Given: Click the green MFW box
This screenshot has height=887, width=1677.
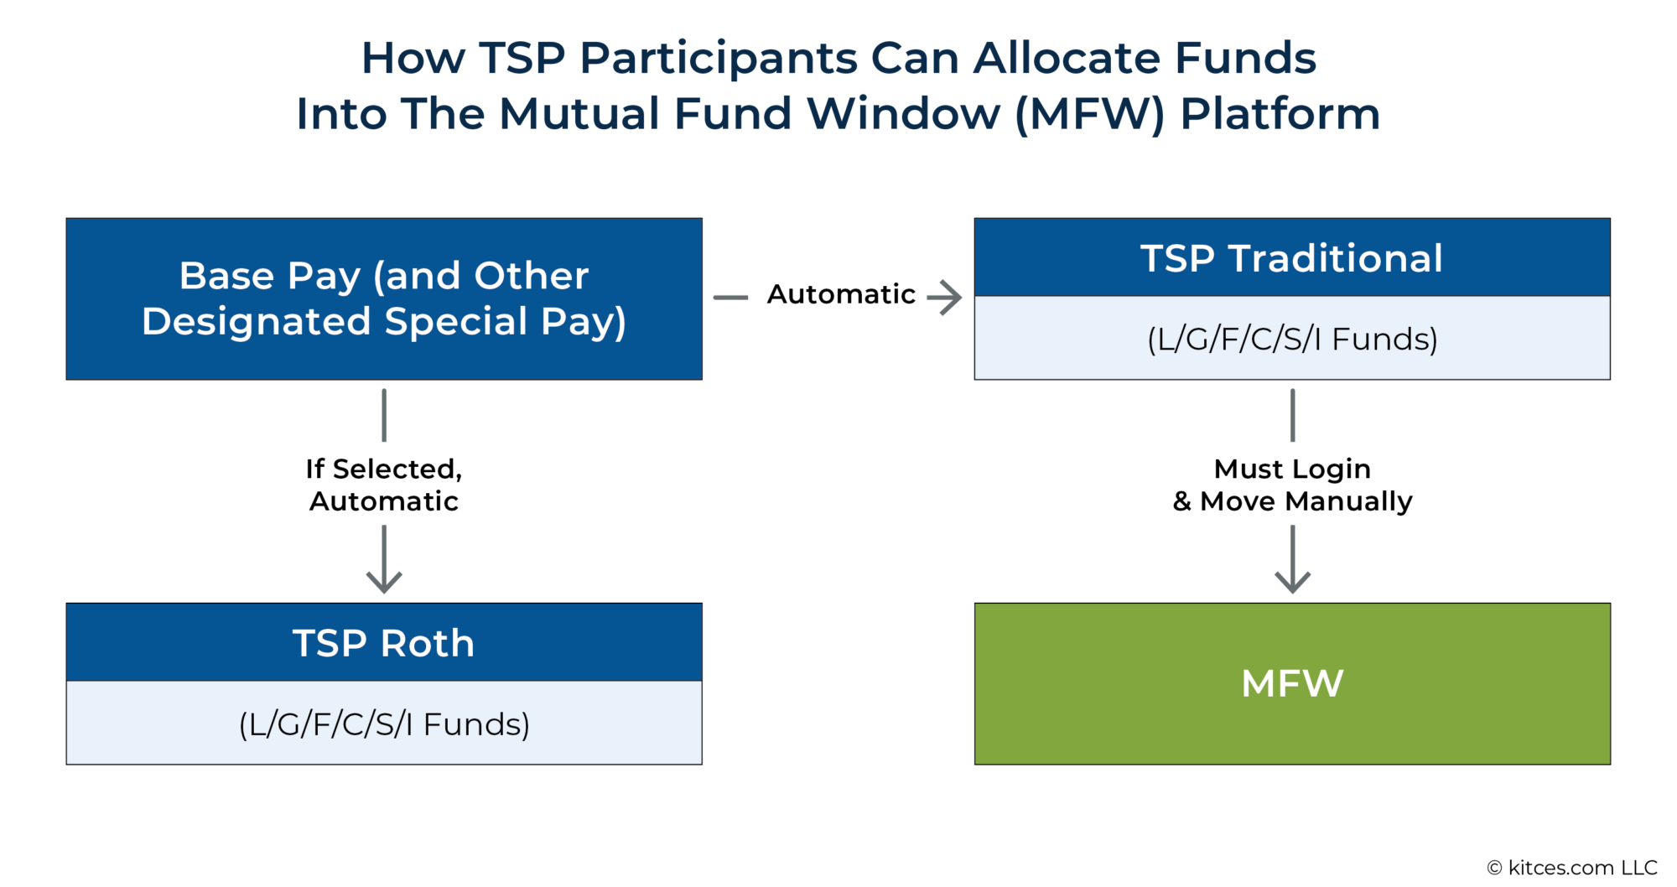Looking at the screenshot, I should pyautogui.click(x=1291, y=683).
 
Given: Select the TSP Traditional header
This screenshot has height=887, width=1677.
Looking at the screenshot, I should pyautogui.click(x=1291, y=257).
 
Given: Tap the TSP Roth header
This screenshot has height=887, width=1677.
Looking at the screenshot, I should pyautogui.click(x=384, y=643).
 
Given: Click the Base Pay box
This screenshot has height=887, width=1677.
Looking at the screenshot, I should pyautogui.click(x=384, y=298).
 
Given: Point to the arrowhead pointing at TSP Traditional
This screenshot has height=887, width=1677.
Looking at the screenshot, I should pyautogui.click(x=949, y=297).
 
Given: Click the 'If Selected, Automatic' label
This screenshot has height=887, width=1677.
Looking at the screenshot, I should pyautogui.click(x=384, y=485).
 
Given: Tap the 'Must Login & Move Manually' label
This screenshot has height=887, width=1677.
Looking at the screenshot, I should pyautogui.click(x=1292, y=485).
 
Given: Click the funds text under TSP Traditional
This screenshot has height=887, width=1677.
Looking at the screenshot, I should pyautogui.click(x=1291, y=339).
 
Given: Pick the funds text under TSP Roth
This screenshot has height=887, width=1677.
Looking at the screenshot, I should pyautogui.click(x=384, y=724).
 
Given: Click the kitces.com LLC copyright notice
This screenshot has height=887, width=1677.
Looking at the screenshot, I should pyautogui.click(x=1571, y=868).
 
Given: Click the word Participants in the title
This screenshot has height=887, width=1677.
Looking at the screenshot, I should pyautogui.click(x=718, y=58).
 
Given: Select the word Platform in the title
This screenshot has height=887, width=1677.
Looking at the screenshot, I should pyautogui.click(x=1280, y=114).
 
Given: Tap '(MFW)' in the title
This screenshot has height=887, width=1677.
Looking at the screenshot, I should pyautogui.click(x=1089, y=114).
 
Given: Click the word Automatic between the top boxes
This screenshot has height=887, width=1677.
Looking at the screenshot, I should pyautogui.click(x=841, y=294).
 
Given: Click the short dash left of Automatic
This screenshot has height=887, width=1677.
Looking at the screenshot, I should pyautogui.click(x=730, y=297).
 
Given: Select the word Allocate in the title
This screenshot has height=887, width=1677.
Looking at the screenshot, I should pyautogui.click(x=1067, y=58).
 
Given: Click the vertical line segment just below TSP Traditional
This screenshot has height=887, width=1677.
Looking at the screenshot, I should pyautogui.click(x=1292, y=415).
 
